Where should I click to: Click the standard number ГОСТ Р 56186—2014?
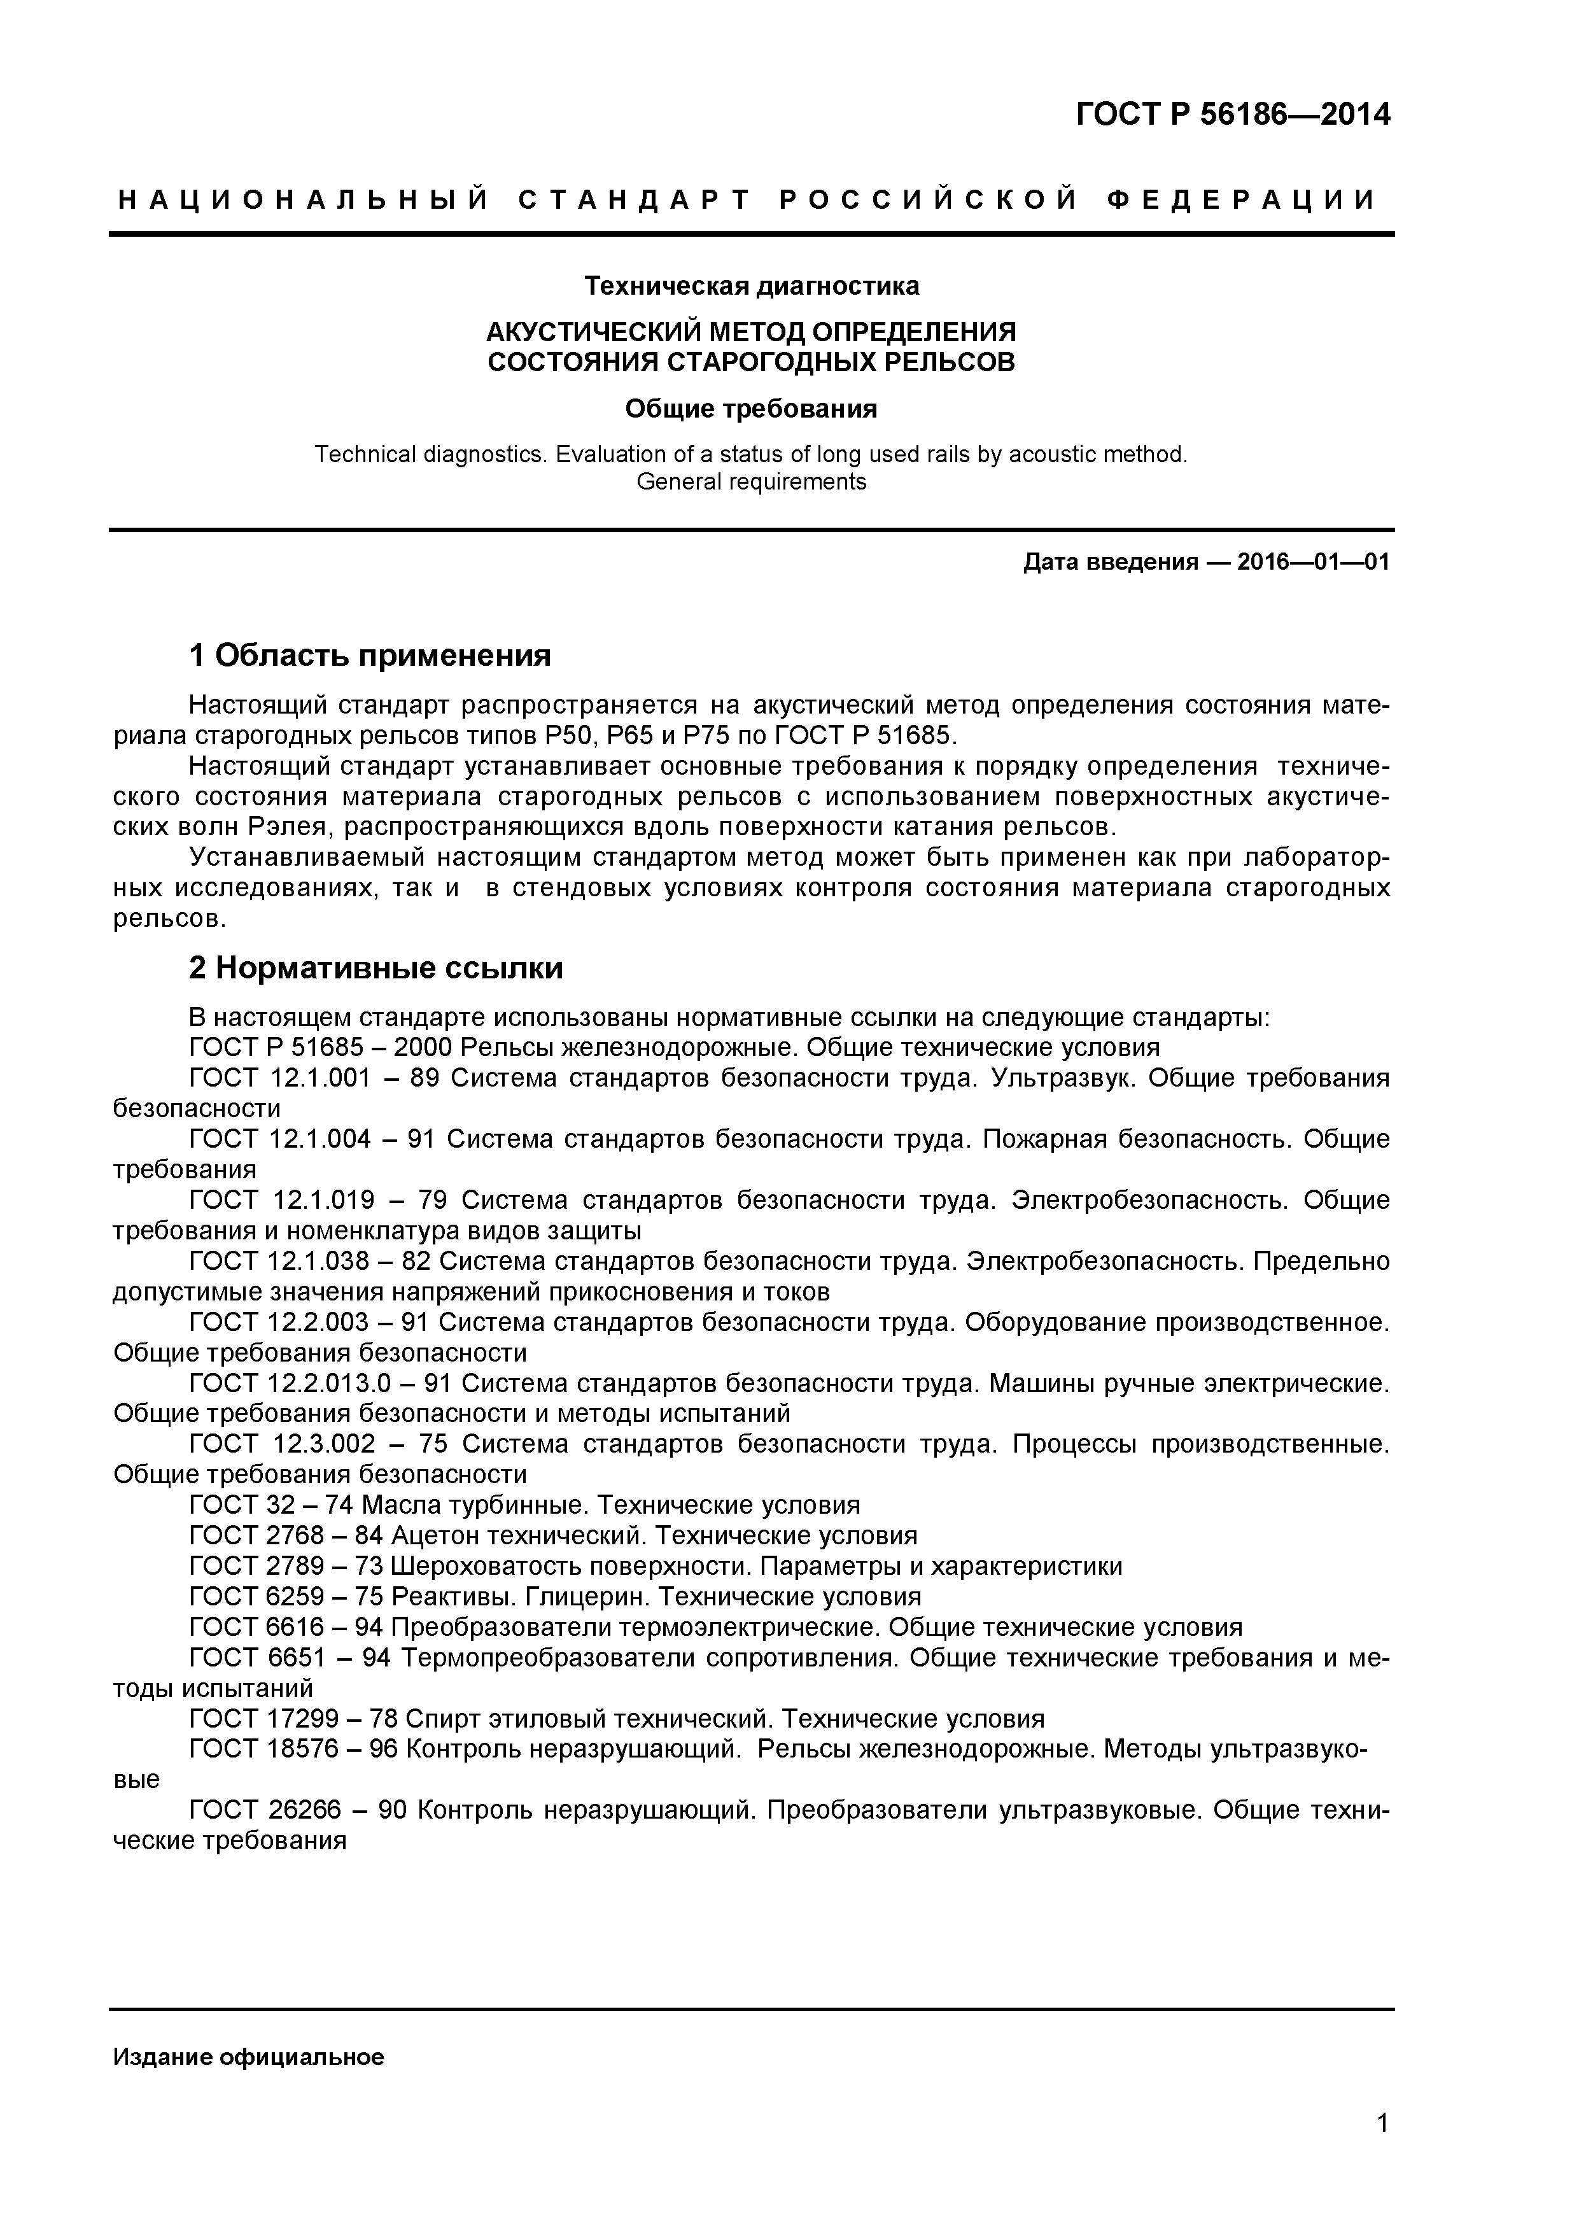(1233, 115)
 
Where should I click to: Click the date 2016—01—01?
(1312, 562)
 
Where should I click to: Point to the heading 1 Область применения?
(370, 656)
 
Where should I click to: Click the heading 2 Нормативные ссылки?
(375, 969)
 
